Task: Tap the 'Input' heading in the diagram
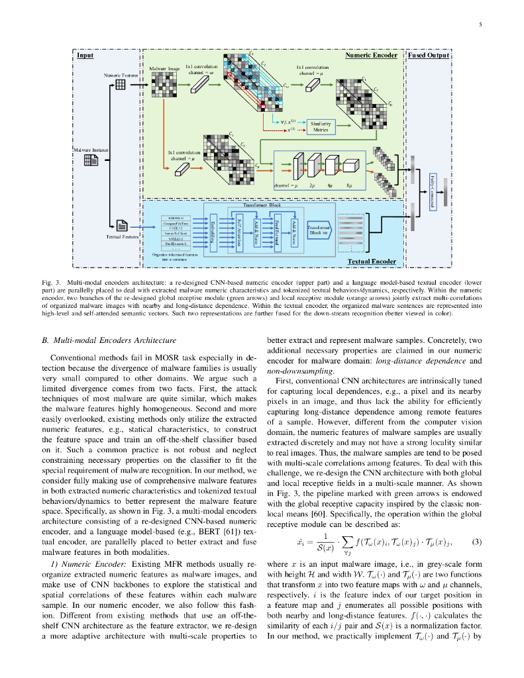click(x=85, y=56)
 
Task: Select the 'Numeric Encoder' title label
click(x=371, y=56)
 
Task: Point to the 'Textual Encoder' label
click(x=372, y=262)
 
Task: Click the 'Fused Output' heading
click(x=428, y=56)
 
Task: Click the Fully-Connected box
click(x=432, y=192)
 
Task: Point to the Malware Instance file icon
click(x=91, y=162)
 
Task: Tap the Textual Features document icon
click(x=122, y=226)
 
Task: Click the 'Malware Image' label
click(x=164, y=69)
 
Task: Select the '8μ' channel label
click(x=348, y=186)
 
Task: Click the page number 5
click(x=480, y=25)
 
